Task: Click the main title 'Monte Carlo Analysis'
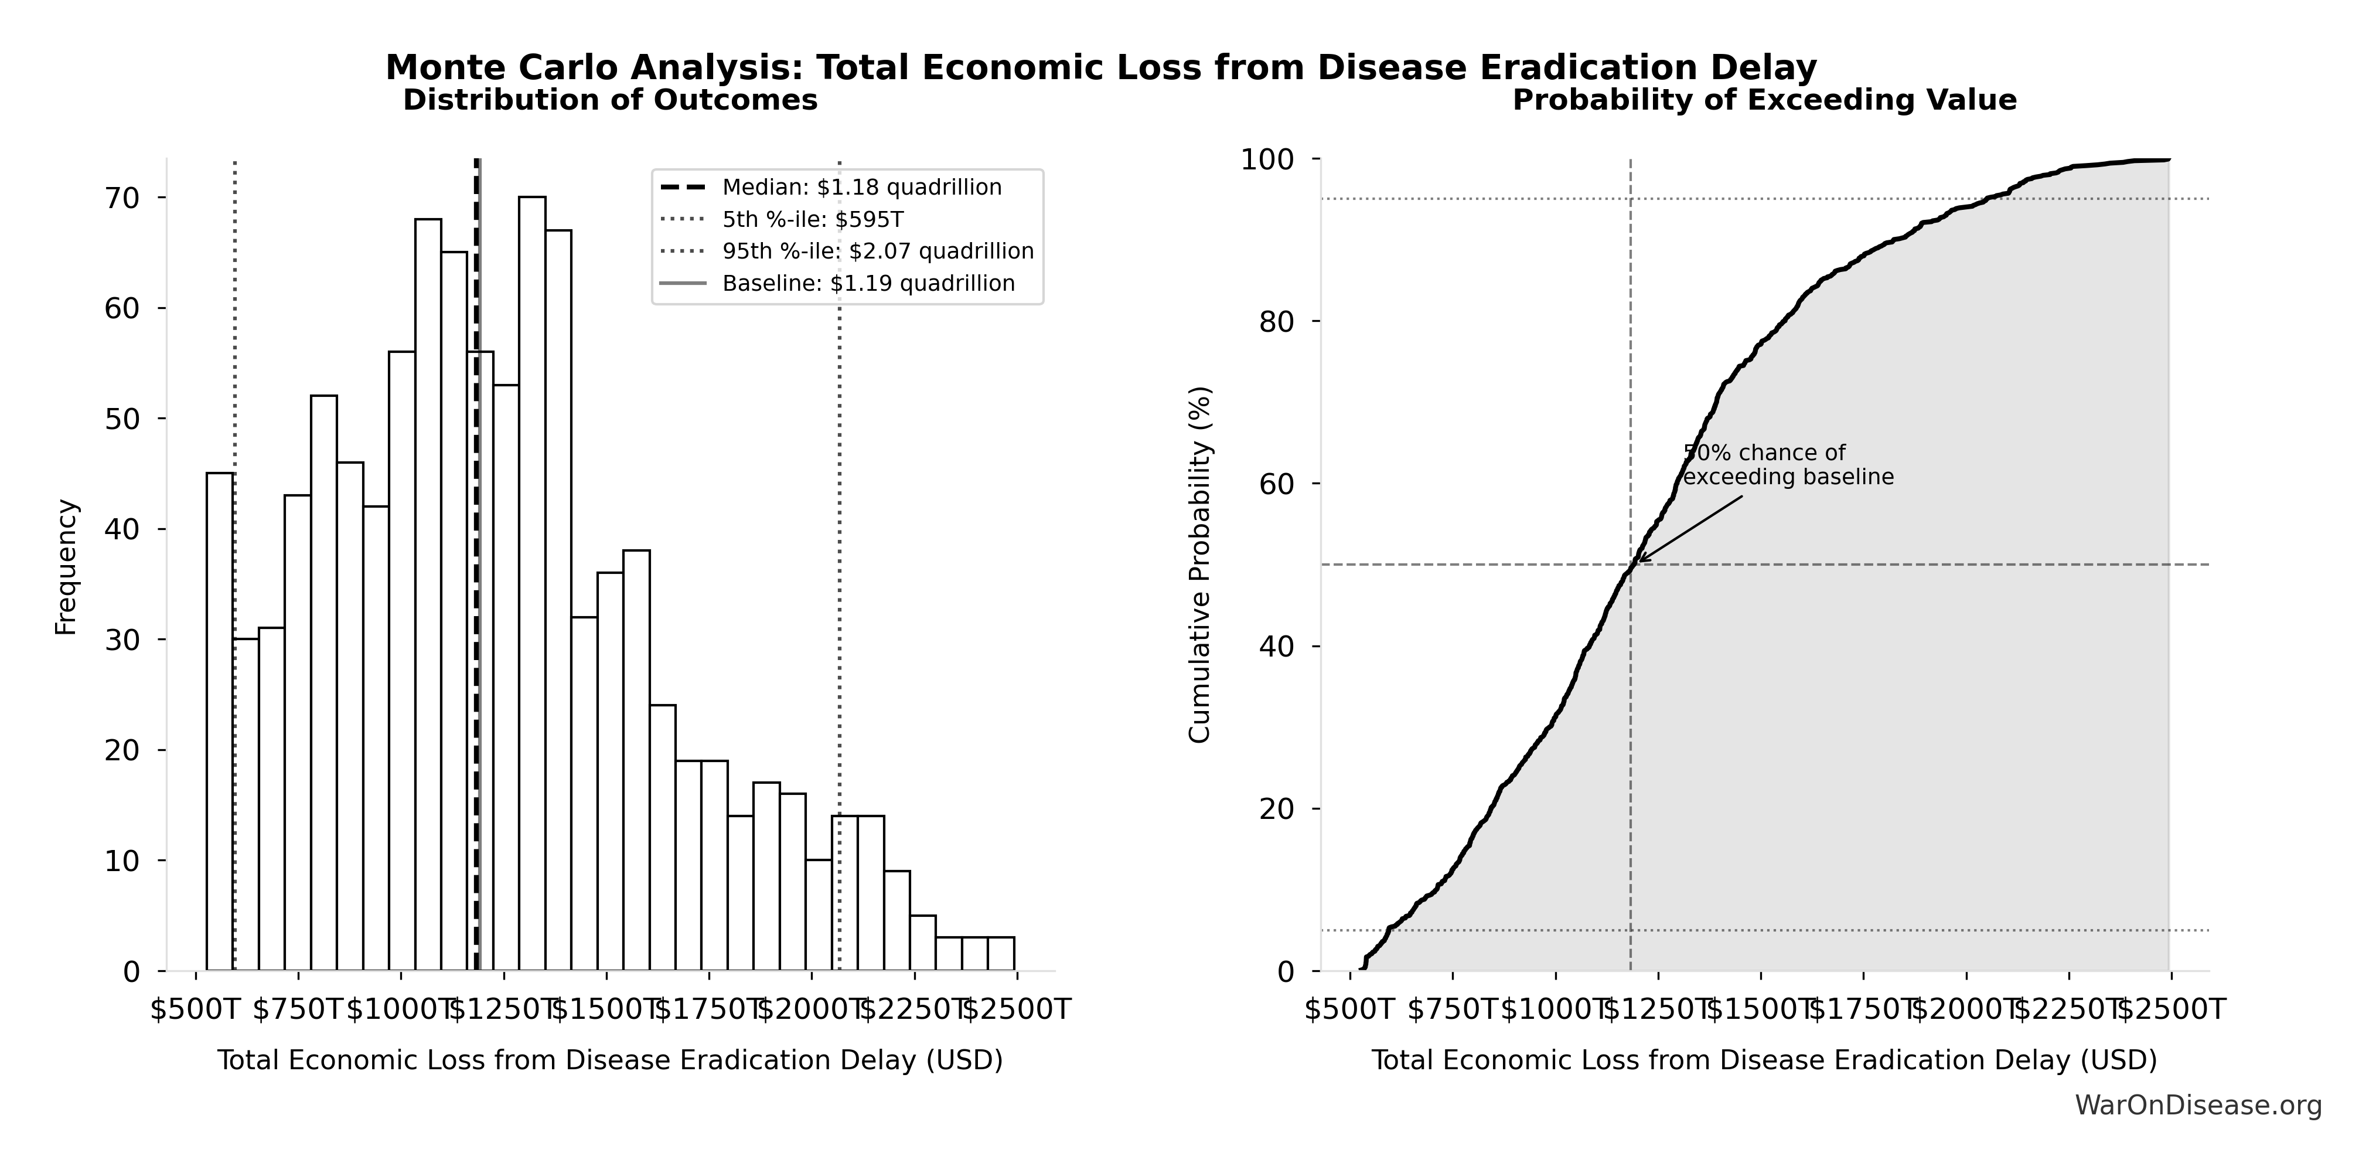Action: [1100, 67]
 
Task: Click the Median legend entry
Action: [861, 188]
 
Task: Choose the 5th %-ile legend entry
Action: [812, 220]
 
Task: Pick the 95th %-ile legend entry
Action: [877, 251]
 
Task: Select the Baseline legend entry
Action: [868, 283]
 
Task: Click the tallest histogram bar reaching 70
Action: [531, 582]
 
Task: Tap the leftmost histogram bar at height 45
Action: [220, 720]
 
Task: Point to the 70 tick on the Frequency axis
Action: [121, 198]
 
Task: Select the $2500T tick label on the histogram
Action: [1015, 1009]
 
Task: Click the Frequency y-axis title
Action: [66, 567]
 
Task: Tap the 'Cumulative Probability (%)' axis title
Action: [1199, 564]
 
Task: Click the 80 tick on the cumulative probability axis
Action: [1277, 322]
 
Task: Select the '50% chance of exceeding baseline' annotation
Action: [1788, 465]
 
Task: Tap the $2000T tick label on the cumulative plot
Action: [1966, 1009]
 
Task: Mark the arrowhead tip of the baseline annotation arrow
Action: [1637, 561]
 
